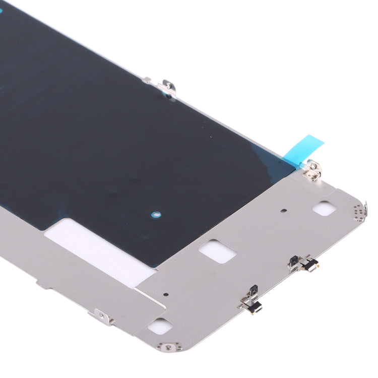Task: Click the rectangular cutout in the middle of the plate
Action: [x=217, y=250]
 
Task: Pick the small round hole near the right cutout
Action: [x=283, y=212]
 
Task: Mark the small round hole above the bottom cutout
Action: [x=167, y=295]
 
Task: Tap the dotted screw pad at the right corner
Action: [x=359, y=213]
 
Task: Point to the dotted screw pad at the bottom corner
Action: [x=168, y=346]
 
